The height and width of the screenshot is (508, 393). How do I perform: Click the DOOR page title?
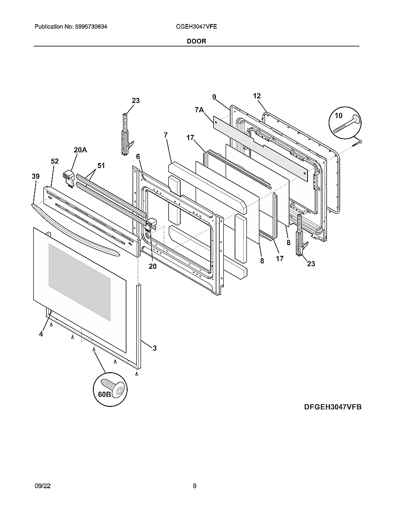tap(196, 41)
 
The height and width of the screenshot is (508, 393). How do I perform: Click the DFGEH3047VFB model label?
tap(332, 407)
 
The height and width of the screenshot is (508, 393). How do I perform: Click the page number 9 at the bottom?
tap(195, 485)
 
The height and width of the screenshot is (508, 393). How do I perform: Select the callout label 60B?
tap(104, 394)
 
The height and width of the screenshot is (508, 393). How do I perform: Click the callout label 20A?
tap(80, 150)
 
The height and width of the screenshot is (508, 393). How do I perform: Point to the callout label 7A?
tap(199, 109)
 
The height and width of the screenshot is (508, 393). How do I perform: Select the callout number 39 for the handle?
tap(36, 176)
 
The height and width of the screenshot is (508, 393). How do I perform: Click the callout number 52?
tap(55, 161)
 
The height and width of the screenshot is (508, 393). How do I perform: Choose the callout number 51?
tap(101, 165)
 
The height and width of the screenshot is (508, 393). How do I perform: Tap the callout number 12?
tap(257, 96)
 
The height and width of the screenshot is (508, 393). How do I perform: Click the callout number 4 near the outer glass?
tap(41, 334)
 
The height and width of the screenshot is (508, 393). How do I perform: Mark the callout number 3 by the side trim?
tap(154, 348)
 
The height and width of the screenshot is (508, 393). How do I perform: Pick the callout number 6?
tap(138, 157)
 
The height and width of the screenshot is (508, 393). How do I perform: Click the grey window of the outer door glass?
tap(80, 282)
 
